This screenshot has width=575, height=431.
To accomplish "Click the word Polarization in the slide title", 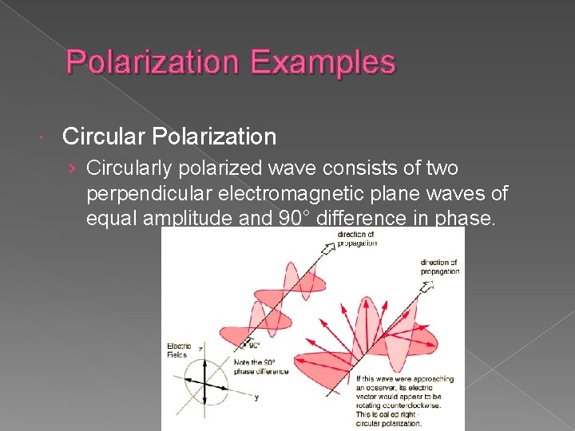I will [x=151, y=61].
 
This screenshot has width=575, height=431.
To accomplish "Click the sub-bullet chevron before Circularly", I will [x=73, y=169].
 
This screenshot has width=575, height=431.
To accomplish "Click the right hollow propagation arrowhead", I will [x=429, y=284].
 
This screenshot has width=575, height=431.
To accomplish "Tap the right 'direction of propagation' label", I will [x=439, y=267].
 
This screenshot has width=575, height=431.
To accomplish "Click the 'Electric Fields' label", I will [x=178, y=350].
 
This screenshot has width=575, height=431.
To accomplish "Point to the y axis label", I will [x=257, y=396].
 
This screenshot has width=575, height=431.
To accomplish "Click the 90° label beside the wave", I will [x=253, y=346].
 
